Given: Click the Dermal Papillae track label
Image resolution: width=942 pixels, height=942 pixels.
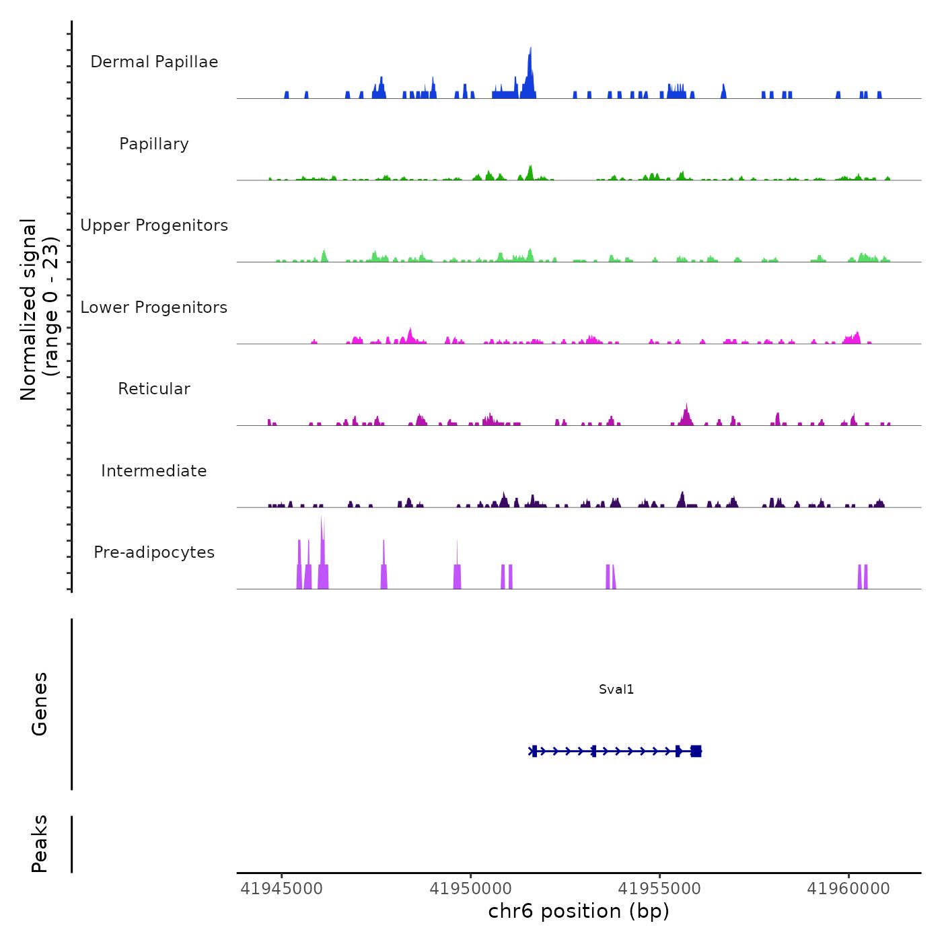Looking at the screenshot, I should pyautogui.click(x=154, y=62).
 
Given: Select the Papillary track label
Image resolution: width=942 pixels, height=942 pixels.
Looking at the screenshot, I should pyautogui.click(x=154, y=144).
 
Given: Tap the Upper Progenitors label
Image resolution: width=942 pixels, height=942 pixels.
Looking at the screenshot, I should pyautogui.click(x=154, y=225).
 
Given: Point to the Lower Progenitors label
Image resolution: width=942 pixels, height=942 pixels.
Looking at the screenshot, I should pyautogui.click(x=154, y=307).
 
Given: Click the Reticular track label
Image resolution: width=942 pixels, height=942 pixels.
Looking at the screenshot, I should pyautogui.click(x=154, y=389).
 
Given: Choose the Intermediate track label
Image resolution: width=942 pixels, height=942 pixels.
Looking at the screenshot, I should pyautogui.click(x=154, y=471).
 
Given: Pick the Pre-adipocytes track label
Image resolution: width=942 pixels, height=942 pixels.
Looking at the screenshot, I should pyautogui.click(x=154, y=552).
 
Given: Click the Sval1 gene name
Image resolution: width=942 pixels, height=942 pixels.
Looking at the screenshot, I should pyautogui.click(x=616, y=690).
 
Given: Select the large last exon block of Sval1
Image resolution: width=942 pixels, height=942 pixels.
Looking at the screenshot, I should pyautogui.click(x=696, y=751).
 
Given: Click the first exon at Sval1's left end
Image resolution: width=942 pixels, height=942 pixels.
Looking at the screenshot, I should pyautogui.click(x=534, y=751).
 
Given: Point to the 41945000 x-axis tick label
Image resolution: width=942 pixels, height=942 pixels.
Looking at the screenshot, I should pyautogui.click(x=281, y=889).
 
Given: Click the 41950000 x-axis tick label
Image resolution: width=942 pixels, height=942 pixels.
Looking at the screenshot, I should pyautogui.click(x=470, y=889).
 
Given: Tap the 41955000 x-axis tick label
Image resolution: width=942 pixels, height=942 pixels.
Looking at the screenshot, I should pyautogui.click(x=659, y=889).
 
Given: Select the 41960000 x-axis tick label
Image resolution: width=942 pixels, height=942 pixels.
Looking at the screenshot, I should pyautogui.click(x=848, y=889).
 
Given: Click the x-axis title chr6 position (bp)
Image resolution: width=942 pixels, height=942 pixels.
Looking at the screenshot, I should pyautogui.click(x=579, y=911).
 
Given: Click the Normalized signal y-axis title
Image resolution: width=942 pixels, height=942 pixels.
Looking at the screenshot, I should pyautogui.click(x=39, y=310).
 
